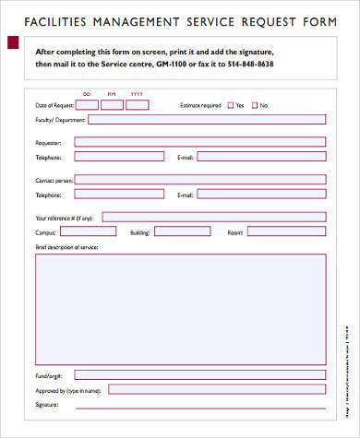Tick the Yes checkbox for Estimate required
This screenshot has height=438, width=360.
(x=230, y=105)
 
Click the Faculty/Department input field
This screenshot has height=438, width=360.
(x=199, y=118)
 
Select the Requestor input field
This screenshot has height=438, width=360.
(x=199, y=142)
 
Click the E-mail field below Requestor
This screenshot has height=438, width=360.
(x=260, y=157)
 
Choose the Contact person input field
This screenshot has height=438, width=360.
(x=199, y=179)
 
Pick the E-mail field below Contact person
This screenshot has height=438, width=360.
(x=260, y=195)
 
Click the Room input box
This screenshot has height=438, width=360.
(x=286, y=232)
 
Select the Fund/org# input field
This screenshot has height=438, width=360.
(x=199, y=375)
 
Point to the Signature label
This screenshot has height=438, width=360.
(x=47, y=405)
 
